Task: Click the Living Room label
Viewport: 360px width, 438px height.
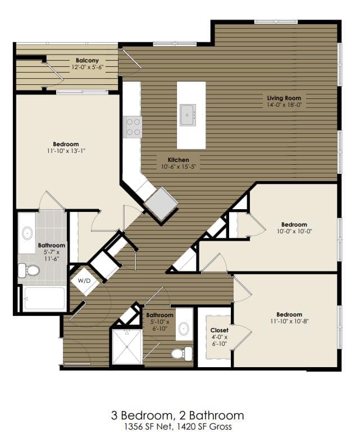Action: point(284,98)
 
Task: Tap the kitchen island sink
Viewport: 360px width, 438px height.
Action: point(188,115)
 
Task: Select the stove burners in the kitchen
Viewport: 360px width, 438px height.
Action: point(133,127)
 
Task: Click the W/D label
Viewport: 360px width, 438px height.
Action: point(83,280)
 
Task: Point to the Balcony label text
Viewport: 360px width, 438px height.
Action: point(87,60)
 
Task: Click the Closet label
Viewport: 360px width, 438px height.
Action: point(218,331)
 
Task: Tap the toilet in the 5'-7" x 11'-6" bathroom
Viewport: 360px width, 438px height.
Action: point(31,271)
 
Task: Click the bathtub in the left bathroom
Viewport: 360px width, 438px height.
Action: point(43,299)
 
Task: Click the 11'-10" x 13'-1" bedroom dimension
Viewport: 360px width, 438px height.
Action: point(66,151)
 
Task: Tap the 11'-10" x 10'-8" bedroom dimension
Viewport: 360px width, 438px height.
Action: point(289,321)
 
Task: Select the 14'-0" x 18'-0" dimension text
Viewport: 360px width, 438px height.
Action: point(284,105)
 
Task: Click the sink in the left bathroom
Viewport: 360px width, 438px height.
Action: point(27,233)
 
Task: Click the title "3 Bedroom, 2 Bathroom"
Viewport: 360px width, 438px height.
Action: point(177,416)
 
